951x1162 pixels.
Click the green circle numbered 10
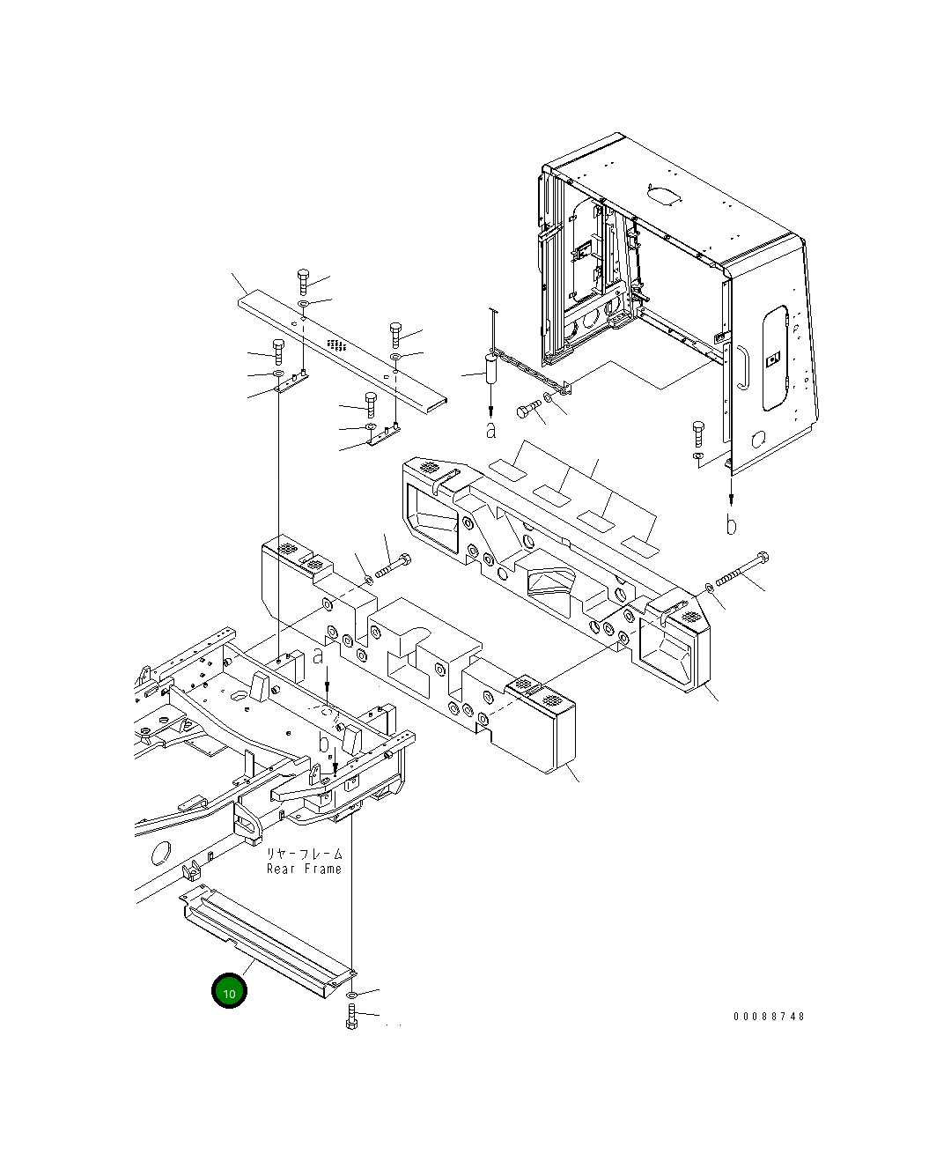click(229, 991)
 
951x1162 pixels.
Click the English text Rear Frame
click(304, 870)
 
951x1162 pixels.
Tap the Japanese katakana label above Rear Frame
click(305, 854)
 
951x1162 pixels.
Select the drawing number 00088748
click(769, 1016)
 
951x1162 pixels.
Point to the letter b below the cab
click(731, 525)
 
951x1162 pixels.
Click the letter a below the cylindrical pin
click(490, 430)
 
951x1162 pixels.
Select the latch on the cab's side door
click(774, 359)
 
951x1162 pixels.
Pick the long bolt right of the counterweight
click(742, 570)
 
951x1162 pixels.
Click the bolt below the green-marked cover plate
click(352, 1016)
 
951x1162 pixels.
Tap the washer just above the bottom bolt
click(352, 995)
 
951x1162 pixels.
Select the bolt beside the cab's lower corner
click(698, 433)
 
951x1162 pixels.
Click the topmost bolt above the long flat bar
click(303, 281)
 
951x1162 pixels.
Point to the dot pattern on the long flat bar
click(336, 343)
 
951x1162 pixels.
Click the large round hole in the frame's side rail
click(160, 853)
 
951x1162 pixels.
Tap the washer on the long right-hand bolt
click(710, 588)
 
